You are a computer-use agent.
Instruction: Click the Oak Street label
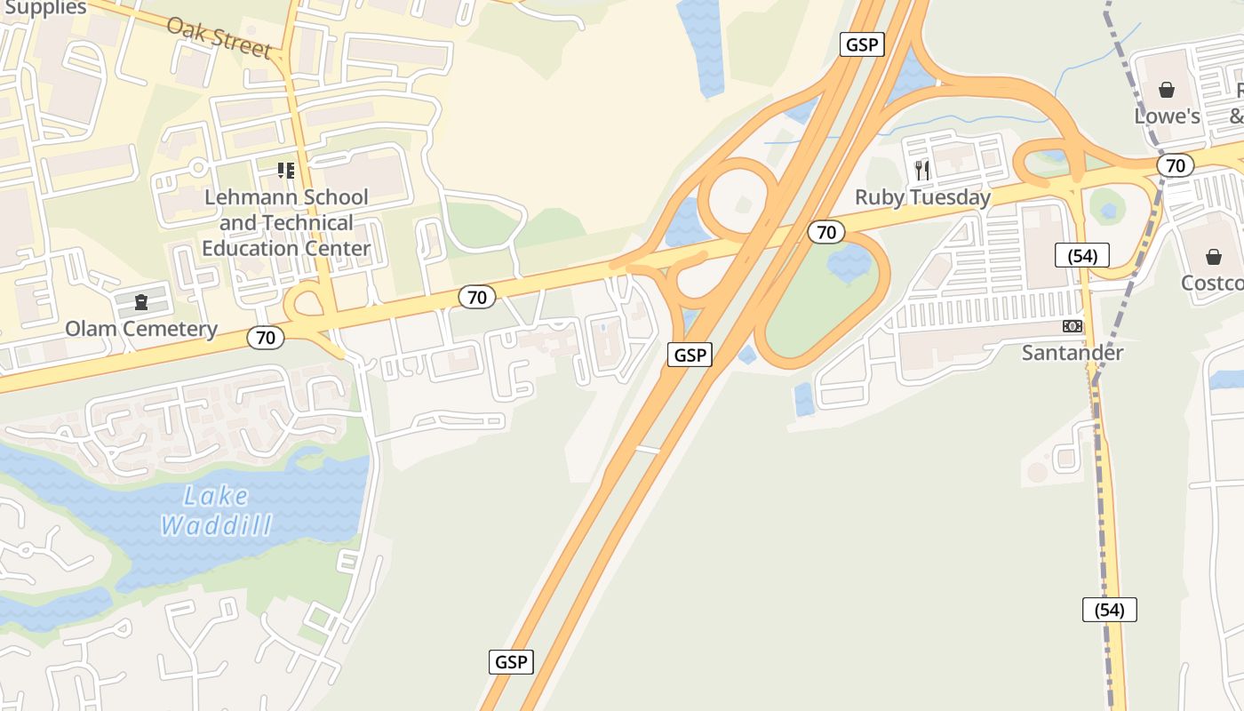219,36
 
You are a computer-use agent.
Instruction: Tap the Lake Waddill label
216,510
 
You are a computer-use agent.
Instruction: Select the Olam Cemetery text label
141,329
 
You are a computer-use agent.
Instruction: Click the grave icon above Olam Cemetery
140,302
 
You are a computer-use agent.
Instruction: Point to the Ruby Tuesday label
922,197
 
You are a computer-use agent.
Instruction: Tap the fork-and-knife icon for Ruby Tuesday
922,169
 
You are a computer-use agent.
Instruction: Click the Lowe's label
1167,116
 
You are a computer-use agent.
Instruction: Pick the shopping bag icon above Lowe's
1167,90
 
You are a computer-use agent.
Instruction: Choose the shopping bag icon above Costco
1213,257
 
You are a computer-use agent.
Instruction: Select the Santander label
1073,353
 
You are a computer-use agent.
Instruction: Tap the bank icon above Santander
1073,326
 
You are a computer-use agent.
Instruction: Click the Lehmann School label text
286,222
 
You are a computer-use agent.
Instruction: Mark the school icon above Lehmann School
285,170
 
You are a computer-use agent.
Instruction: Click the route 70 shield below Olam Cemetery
266,338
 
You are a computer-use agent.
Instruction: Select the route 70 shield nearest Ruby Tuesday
826,232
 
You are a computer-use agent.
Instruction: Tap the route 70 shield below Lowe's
1176,165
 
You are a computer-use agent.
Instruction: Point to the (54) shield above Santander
1082,256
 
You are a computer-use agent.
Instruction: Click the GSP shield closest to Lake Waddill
511,662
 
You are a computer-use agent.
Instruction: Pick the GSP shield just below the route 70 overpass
690,355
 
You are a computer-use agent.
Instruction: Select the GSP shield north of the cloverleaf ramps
862,44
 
